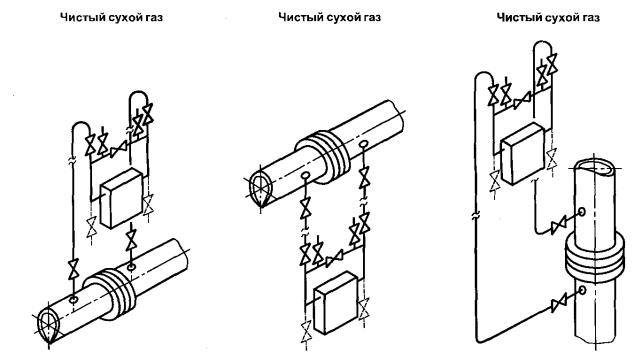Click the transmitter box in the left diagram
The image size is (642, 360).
(122, 198)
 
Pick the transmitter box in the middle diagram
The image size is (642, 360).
(336, 302)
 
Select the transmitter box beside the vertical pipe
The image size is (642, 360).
(523, 153)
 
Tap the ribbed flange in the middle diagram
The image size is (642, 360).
(323, 157)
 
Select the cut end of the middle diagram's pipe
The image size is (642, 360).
(260, 188)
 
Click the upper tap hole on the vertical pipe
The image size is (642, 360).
(581, 212)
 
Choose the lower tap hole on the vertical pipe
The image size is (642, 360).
(581, 290)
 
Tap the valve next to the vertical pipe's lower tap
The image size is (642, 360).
(559, 303)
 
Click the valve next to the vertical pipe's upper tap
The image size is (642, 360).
(558, 224)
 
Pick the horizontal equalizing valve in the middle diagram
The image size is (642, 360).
(334, 258)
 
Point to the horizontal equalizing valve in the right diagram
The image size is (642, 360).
(522, 100)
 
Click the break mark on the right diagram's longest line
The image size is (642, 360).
(476, 215)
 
